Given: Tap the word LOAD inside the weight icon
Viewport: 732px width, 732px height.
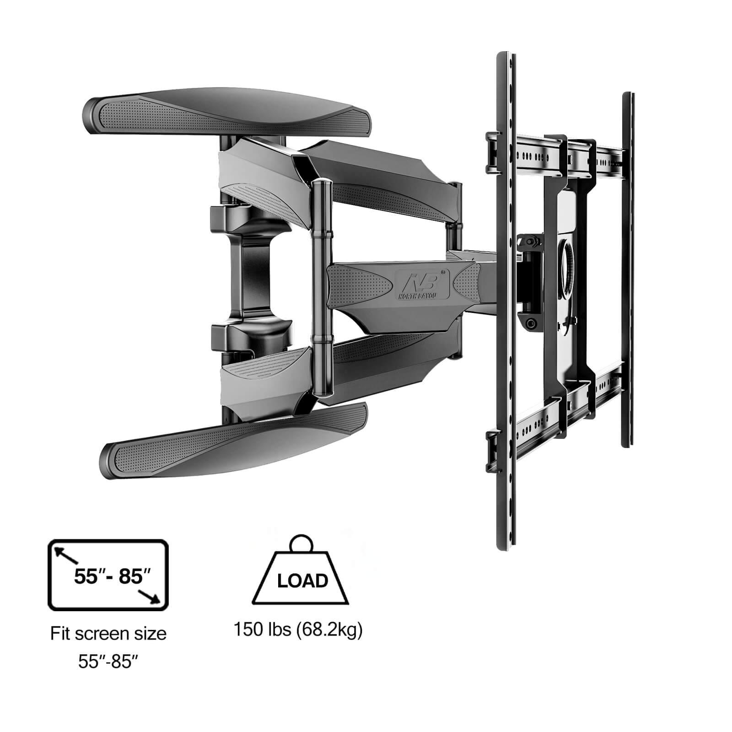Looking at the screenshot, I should tap(302, 581).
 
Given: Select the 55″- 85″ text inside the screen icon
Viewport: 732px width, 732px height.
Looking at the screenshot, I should tap(112, 577).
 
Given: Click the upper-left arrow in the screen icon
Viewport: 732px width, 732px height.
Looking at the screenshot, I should tap(65, 556).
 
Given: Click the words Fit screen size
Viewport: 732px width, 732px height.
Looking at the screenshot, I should tap(108, 634).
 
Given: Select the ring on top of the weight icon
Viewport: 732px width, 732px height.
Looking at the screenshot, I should tap(302, 544).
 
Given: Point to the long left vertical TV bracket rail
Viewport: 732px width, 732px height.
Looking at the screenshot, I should tap(507, 302).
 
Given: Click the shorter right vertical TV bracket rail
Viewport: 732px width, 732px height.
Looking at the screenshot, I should tap(627, 270).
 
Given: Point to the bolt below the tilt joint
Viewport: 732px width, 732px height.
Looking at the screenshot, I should tap(531, 323).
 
